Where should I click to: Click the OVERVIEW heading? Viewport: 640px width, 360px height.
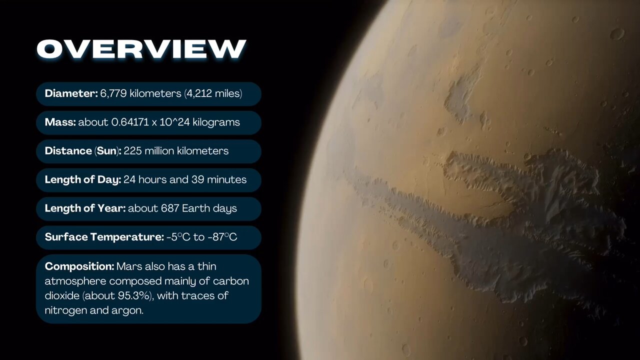[x=141, y=49]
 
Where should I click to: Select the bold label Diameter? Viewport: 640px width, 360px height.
[x=71, y=93]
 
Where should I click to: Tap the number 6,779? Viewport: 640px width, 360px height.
[x=113, y=93]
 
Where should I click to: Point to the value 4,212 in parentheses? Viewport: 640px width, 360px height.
[x=199, y=93]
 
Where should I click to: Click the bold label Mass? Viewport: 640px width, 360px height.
[x=60, y=122]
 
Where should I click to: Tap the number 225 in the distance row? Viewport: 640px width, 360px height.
[x=132, y=151]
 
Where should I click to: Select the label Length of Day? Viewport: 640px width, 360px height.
[x=83, y=179]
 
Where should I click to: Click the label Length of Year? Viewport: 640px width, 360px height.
[x=85, y=208]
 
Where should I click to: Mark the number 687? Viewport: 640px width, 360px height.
[x=170, y=208]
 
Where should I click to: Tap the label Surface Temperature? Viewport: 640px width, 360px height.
[x=104, y=237]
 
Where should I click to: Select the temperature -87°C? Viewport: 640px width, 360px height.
[x=222, y=237]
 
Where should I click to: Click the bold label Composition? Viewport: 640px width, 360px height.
[x=79, y=266]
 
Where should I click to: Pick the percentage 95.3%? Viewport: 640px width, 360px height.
[x=134, y=295]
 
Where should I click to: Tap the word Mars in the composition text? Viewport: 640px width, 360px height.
[x=129, y=266]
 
